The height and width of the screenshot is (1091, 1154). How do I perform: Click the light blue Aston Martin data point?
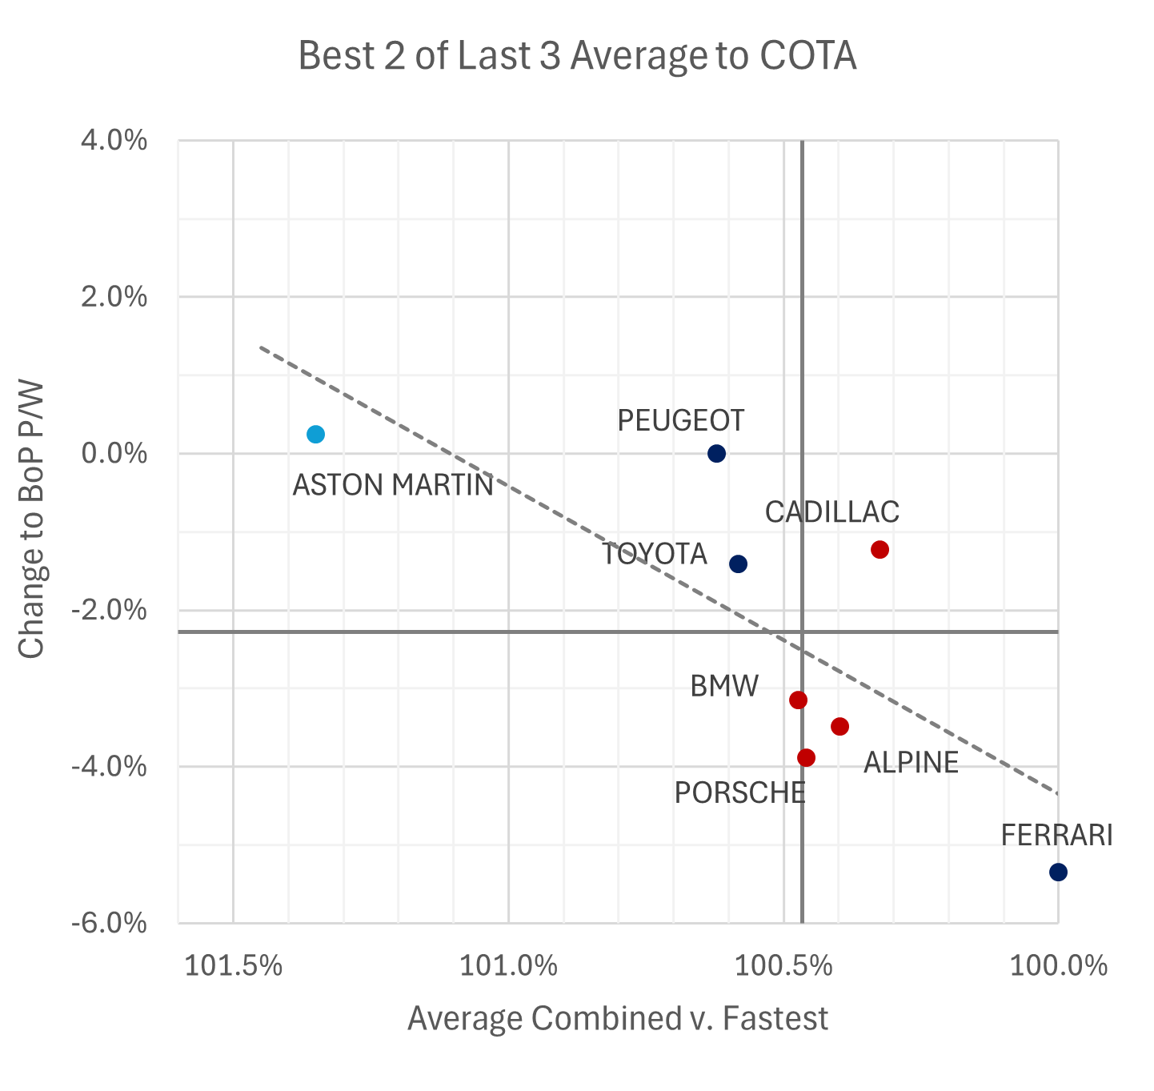coord(315,435)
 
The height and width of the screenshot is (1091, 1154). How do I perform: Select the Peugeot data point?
coord(716,454)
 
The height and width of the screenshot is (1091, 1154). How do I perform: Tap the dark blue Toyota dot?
coord(738,564)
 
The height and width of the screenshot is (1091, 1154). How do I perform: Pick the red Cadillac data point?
coord(880,550)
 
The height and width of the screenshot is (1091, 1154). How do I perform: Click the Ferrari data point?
coord(1058,872)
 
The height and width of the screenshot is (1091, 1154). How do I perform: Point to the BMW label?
coord(724,687)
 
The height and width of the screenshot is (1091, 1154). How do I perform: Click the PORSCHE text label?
coord(739,793)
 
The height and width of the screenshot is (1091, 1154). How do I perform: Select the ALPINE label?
coord(911,763)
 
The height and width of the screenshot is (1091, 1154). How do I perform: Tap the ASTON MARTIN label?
coord(393,486)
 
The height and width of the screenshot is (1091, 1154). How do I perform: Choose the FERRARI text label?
coord(1056,836)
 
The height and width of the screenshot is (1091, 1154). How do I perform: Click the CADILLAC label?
coord(831,512)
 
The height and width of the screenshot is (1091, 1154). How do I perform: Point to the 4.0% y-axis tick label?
coord(114,141)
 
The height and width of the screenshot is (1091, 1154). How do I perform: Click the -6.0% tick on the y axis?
coord(110,923)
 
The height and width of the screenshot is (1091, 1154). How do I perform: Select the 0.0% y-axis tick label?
coord(114,454)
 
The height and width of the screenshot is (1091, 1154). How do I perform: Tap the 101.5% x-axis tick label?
coord(233,966)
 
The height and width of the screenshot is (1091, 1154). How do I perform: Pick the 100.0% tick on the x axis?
coord(1058,966)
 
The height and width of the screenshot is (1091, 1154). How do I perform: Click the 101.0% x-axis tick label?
coord(508,966)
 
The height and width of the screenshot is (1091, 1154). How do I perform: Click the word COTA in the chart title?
coord(807,57)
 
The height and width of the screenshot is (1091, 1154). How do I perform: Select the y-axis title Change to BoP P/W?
coord(32,519)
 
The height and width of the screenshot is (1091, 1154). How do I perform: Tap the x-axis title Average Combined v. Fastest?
coord(617,1019)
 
